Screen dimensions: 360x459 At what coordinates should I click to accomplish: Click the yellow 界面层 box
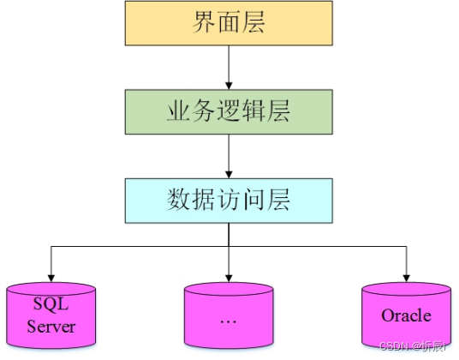click(x=228, y=23)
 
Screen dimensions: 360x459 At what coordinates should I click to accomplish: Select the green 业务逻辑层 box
click(x=228, y=111)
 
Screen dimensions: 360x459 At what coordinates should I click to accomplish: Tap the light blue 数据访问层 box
click(x=228, y=200)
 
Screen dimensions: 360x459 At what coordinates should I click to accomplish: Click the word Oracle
click(x=406, y=315)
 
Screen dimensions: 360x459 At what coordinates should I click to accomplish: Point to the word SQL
click(x=51, y=304)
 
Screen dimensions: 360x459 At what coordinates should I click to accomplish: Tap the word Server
click(x=51, y=327)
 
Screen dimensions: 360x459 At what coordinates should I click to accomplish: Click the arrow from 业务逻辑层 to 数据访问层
click(x=228, y=155)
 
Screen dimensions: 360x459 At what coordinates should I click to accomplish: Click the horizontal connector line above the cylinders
click(x=137, y=246)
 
